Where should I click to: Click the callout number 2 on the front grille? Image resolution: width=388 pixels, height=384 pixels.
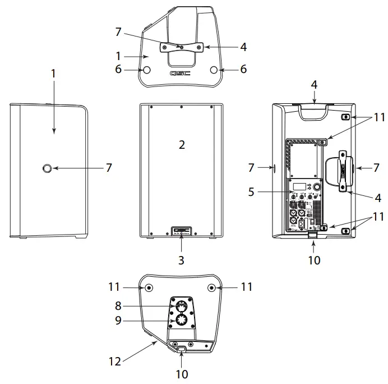coord(181,145)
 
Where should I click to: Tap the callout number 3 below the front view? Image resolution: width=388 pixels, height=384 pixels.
coord(181,260)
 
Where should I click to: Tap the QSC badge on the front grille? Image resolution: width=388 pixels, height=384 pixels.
coord(181,230)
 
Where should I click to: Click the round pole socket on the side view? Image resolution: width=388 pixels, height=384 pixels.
coord(48,167)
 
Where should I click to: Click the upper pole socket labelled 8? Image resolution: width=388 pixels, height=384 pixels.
coord(181,305)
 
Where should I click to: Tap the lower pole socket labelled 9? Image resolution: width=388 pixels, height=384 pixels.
coord(181,321)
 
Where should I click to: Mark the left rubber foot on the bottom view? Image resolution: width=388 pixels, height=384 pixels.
coord(149,287)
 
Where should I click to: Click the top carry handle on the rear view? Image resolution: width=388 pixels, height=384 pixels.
coord(313,112)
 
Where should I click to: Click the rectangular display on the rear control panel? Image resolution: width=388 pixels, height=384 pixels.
coord(299,186)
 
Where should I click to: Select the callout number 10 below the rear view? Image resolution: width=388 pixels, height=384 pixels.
coord(314,260)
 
